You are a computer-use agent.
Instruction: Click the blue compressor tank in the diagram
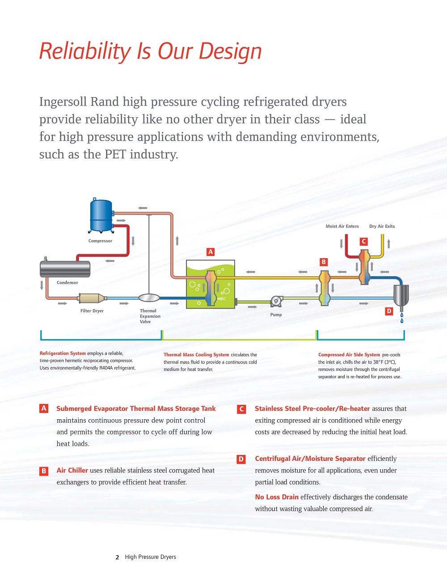click(101, 215)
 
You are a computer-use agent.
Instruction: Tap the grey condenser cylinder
click(65, 269)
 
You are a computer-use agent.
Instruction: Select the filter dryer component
click(92, 298)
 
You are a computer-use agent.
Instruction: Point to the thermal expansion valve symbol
click(149, 298)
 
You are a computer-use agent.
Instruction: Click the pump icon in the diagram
click(276, 302)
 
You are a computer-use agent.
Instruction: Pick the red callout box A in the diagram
click(211, 252)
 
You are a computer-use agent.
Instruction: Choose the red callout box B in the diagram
click(324, 262)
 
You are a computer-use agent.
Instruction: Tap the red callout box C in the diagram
click(364, 241)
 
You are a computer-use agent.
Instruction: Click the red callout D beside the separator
click(389, 311)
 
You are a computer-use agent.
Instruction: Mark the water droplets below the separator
click(402, 318)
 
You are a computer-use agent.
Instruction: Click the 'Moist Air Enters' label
click(342, 226)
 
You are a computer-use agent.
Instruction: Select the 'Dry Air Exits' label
click(382, 226)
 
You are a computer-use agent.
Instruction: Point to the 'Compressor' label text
click(100, 241)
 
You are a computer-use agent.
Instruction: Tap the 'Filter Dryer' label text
click(92, 311)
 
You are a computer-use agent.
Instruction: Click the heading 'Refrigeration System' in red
click(63, 353)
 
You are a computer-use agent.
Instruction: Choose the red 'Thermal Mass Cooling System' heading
click(196, 355)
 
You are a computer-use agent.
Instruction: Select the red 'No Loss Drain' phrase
click(277, 497)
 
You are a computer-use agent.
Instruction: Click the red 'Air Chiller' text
click(72, 470)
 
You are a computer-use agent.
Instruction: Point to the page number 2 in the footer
click(117, 558)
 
